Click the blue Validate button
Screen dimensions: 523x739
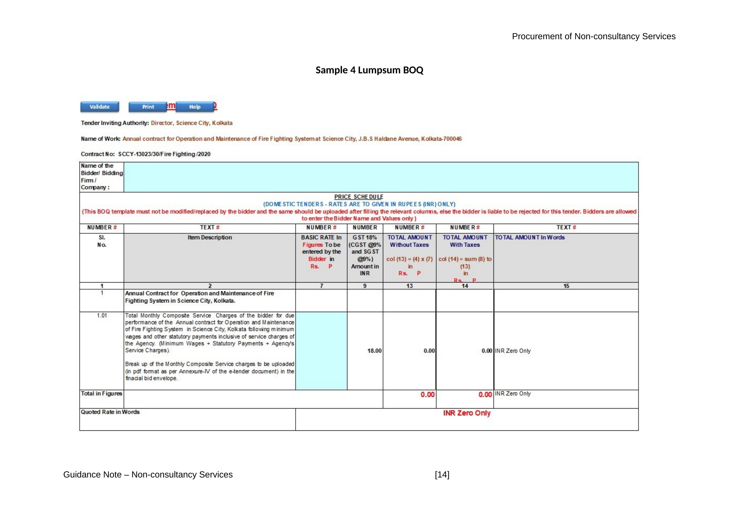click(99, 107)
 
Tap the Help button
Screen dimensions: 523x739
click(195, 107)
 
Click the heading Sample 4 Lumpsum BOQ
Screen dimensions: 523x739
click(369, 70)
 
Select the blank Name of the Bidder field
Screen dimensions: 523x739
click(381, 177)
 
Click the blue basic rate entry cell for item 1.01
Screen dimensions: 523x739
click(321, 351)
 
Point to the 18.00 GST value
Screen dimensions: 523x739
click(374, 351)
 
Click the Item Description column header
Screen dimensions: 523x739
click(210, 237)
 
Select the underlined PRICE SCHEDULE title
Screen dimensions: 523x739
click(359, 197)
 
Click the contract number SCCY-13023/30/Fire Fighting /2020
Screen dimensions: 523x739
click(164, 154)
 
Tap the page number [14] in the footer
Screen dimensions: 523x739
click(442, 474)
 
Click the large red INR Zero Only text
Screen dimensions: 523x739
click(467, 413)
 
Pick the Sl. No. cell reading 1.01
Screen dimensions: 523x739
click(102, 316)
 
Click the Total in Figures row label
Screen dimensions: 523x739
click(101, 394)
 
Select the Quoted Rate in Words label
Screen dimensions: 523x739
click(110, 412)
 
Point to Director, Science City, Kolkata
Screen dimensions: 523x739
click(191, 123)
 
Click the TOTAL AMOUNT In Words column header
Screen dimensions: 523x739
click(529, 237)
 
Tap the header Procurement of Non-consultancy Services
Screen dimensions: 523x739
click(593, 36)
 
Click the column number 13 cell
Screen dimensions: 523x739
click(409, 286)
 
